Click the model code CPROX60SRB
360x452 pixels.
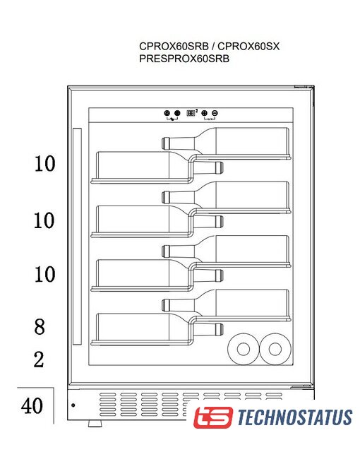pyautogui.click(x=174, y=46)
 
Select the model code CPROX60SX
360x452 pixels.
pyautogui.click(x=248, y=46)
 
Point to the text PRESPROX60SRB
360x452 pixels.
pyautogui.click(x=184, y=59)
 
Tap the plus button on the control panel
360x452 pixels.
pyautogui.click(x=205, y=113)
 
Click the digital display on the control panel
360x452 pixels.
pyautogui.click(x=191, y=113)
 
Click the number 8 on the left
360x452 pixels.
pyautogui.click(x=40, y=327)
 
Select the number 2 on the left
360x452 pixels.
pyautogui.click(x=39, y=359)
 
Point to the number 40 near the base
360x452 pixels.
pyautogui.click(x=32, y=405)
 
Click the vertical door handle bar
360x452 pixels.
pyautogui.click(x=77, y=237)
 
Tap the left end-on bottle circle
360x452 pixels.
pyautogui.click(x=244, y=349)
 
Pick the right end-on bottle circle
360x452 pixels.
pyautogui.click(x=275, y=349)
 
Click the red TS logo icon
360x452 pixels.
pyautogui.click(x=213, y=417)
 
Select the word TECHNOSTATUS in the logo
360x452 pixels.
pyautogui.click(x=295, y=417)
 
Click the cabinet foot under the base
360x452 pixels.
pyautogui.click(x=95, y=423)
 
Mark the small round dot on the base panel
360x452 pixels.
pyautogui.click(x=73, y=405)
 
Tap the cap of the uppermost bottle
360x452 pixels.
pyautogui.click(x=165, y=143)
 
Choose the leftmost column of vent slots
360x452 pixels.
pyautogui.click(x=108, y=405)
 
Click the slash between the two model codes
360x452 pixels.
pyautogui.click(x=213, y=46)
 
